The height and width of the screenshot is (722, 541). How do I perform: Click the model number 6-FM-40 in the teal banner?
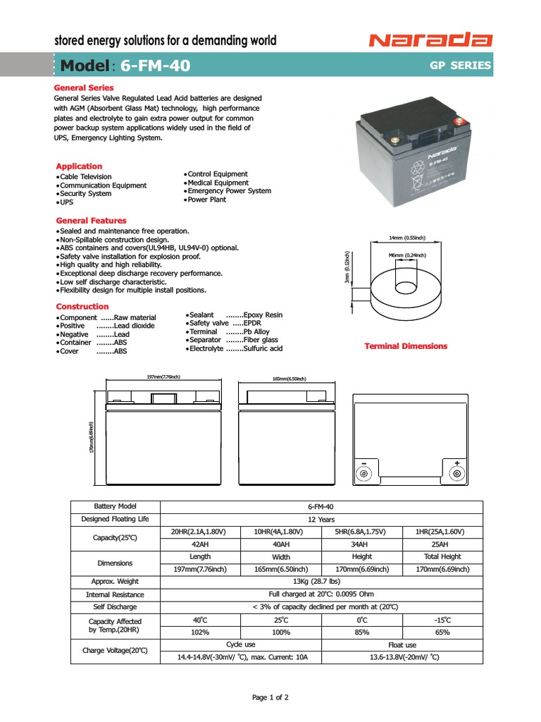[x=155, y=66]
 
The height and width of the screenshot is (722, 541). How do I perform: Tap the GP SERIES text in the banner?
[x=460, y=66]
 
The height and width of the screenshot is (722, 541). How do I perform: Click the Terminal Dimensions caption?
[x=405, y=346]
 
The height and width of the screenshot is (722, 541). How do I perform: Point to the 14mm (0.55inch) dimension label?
[x=406, y=238]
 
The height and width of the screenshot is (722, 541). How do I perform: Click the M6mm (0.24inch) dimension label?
[x=406, y=255]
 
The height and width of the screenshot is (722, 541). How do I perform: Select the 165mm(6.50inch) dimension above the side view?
[x=289, y=379]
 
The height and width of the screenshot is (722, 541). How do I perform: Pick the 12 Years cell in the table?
[x=321, y=519]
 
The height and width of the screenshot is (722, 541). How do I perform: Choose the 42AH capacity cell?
[x=201, y=545]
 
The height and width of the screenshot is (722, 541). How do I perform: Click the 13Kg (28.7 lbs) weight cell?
[x=321, y=582]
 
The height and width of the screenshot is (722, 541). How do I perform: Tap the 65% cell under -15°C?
[x=442, y=632]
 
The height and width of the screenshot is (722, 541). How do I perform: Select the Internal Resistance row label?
[x=116, y=594]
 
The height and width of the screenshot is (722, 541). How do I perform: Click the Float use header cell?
[x=402, y=645]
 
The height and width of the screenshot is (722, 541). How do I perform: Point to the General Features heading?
[x=92, y=221]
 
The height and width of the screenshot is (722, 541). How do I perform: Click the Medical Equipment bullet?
[x=218, y=183]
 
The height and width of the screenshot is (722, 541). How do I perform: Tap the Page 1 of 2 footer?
[x=270, y=697]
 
